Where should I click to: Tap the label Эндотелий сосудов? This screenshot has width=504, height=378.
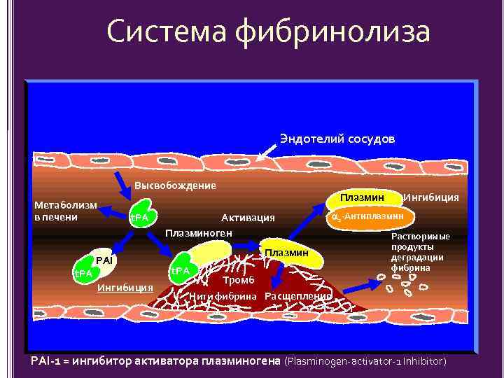coord(337,139)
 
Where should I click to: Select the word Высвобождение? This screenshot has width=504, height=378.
coord(175,185)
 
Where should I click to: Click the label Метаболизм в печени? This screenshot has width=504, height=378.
coord(66,211)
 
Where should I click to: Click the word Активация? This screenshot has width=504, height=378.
coord(248,218)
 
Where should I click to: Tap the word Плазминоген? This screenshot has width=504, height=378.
coord(199,232)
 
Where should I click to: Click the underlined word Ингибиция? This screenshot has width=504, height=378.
coord(125,288)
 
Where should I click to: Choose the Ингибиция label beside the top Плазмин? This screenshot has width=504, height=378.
coord(431,197)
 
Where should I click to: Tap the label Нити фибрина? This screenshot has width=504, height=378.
coord(224,296)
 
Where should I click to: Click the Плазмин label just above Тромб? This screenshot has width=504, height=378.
coord(286,252)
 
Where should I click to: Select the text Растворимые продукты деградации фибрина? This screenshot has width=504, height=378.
coord(420,252)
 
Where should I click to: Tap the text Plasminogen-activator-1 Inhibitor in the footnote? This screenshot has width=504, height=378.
coord(365,361)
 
